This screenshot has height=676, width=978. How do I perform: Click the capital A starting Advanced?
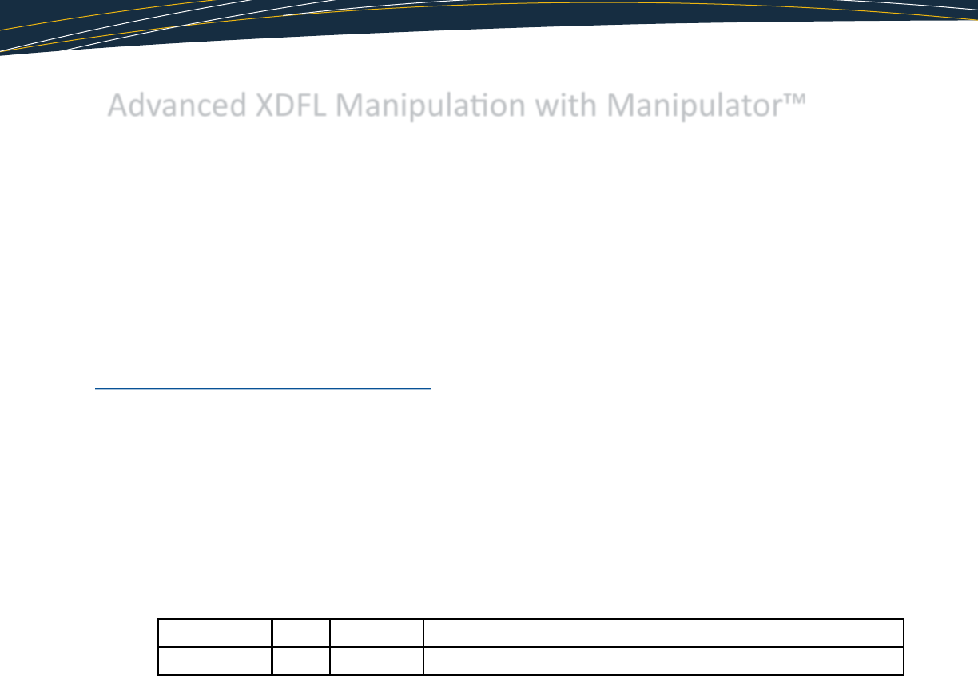pyautogui.click(x=117, y=106)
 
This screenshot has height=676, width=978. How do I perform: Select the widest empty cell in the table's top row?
pyautogui.click(x=662, y=633)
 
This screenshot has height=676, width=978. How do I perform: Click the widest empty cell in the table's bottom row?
pyautogui.click(x=662, y=661)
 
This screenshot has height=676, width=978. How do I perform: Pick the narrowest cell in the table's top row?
pyautogui.click(x=301, y=633)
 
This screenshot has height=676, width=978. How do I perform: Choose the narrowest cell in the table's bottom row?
pyautogui.click(x=301, y=661)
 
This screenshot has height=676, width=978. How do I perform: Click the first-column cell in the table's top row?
pyautogui.click(x=215, y=633)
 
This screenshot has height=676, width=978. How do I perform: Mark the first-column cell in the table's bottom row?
pyautogui.click(x=215, y=661)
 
